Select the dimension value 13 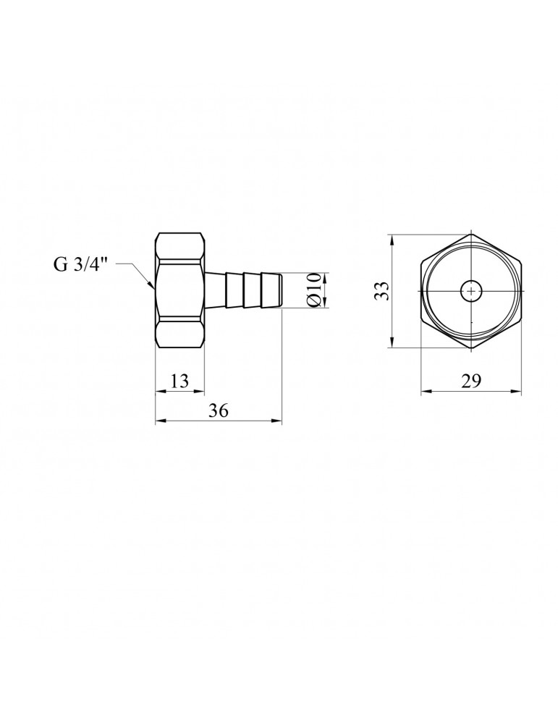tap(179, 382)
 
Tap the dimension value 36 tap(219, 411)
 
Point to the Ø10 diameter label tap(312, 290)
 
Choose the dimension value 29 tap(471, 382)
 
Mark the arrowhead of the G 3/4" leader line tap(153, 287)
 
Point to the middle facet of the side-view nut tap(180, 290)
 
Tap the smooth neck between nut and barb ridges tap(216, 290)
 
